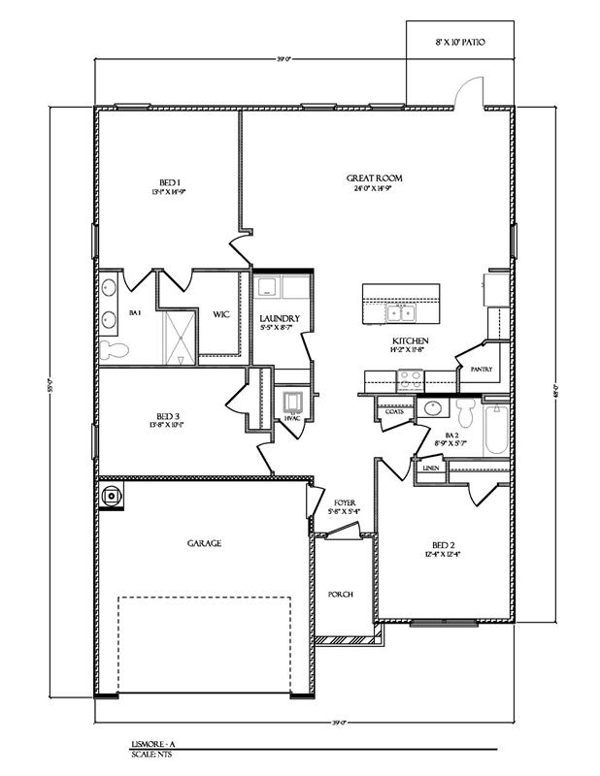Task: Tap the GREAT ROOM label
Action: [375, 178]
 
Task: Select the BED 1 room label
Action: [168, 182]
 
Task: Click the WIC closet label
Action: [220, 313]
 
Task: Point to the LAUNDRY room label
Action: [279, 319]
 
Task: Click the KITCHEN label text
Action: [411, 340]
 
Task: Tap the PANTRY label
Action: [481, 370]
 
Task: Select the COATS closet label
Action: [393, 411]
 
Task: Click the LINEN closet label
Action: [430, 469]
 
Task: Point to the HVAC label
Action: [291, 418]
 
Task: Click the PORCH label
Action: [341, 595]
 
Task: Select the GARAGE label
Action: [204, 544]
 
